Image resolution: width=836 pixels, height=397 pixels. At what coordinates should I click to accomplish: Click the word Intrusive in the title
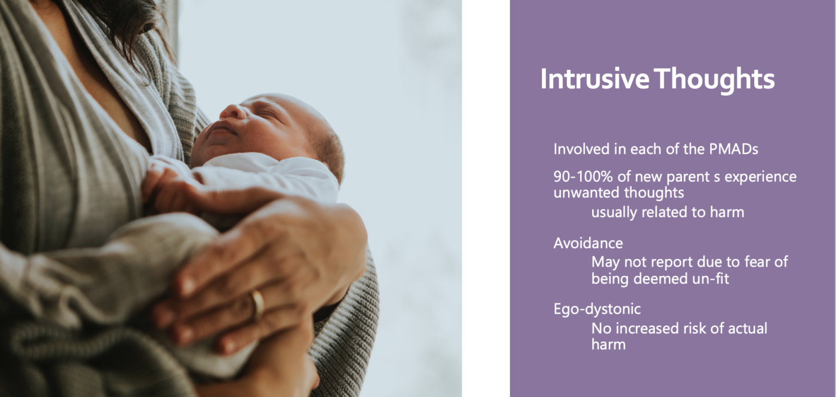[595, 79]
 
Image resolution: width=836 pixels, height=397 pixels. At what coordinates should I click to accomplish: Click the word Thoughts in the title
[714, 79]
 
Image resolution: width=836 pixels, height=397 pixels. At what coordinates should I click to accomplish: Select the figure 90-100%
[583, 177]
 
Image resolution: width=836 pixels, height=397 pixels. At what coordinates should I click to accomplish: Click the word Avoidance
[588, 244]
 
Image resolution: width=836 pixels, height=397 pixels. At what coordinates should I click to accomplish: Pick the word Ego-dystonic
[597, 309]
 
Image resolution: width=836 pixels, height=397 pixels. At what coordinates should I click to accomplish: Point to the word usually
[614, 213]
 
